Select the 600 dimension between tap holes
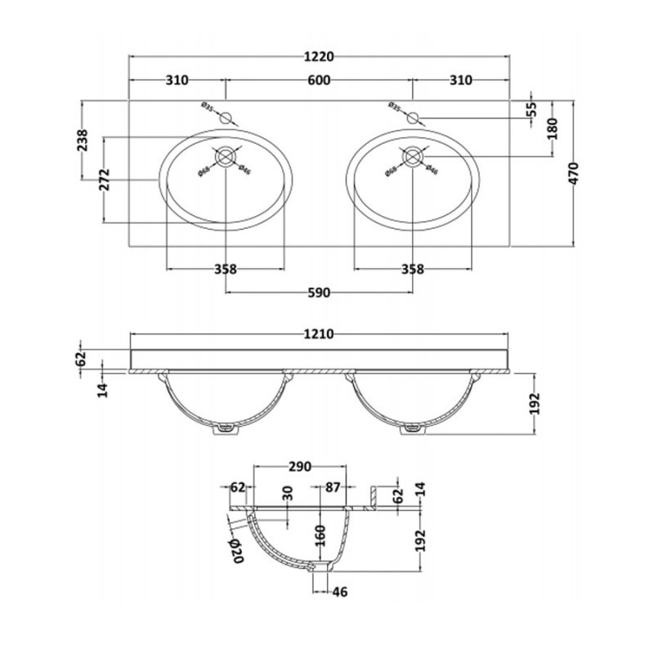320,80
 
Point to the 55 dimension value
531,109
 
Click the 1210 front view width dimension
319,334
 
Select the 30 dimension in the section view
287,495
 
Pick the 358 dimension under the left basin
226,270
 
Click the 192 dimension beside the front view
533,404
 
